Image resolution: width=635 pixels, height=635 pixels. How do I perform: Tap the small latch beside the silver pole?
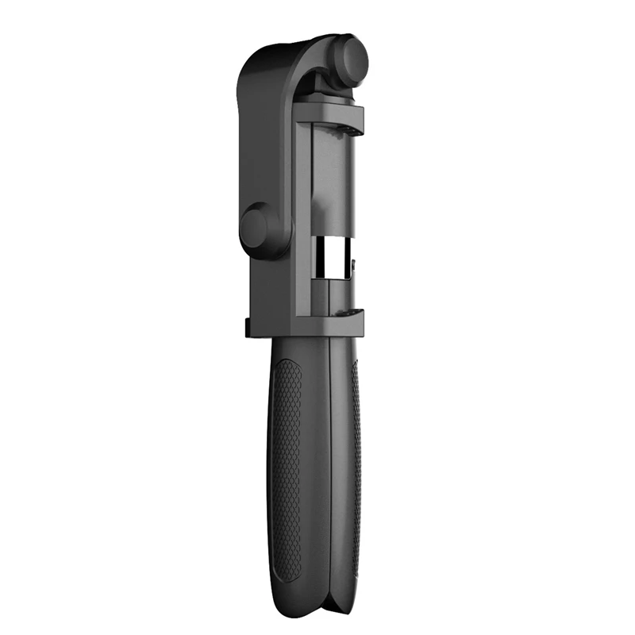click(x=354, y=262)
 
